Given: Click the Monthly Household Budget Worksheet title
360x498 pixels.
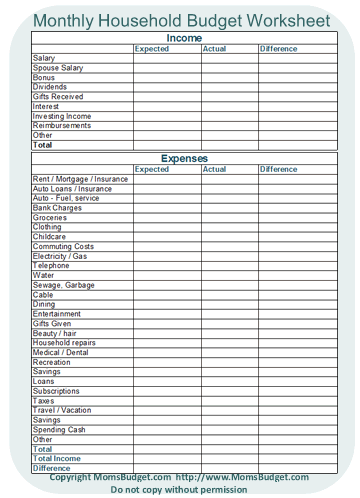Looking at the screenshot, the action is pos(183,19).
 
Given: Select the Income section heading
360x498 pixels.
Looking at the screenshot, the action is pos(183,38).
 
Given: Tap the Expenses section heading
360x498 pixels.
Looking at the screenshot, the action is pos(183,158).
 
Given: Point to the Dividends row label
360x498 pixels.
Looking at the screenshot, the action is pos(50,87).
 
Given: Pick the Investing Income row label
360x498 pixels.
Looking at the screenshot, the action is pos(61,116).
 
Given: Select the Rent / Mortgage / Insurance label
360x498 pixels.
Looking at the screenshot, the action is pos(80,179).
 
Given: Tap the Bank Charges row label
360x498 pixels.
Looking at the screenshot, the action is pos(57,208).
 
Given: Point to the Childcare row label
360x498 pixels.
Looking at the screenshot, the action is pos(49,237).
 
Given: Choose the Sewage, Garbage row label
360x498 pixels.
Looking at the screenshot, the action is pos(63,285).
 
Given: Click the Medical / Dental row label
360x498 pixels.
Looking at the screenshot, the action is pos(61,352).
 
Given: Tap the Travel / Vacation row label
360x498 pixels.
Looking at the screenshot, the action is pos(62,410).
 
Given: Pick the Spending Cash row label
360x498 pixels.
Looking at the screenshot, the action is pos(59,429).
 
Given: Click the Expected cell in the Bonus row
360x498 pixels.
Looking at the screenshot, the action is pos(166,77).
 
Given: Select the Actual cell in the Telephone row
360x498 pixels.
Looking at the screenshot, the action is pos(228,266).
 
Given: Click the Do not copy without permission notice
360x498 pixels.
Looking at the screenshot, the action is pos(180,490).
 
